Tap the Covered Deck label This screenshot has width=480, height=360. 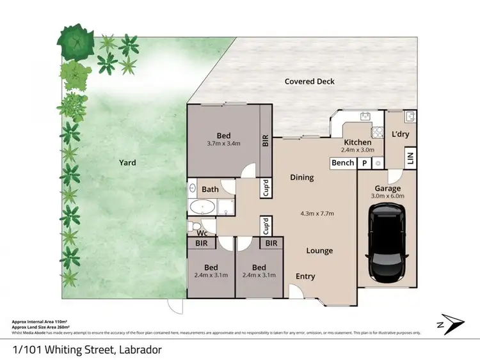[310, 81]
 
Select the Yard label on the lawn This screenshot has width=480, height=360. [127, 162]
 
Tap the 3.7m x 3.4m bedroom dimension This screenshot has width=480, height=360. [223, 143]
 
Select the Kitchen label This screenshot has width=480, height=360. [358, 142]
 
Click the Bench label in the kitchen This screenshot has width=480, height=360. [342, 162]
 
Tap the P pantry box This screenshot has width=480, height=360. [364, 162]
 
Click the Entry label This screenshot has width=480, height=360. [305, 276]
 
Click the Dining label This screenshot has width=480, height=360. [301, 177]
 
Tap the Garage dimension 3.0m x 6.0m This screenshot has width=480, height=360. [388, 197]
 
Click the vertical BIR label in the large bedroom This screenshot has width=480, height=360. [264, 140]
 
